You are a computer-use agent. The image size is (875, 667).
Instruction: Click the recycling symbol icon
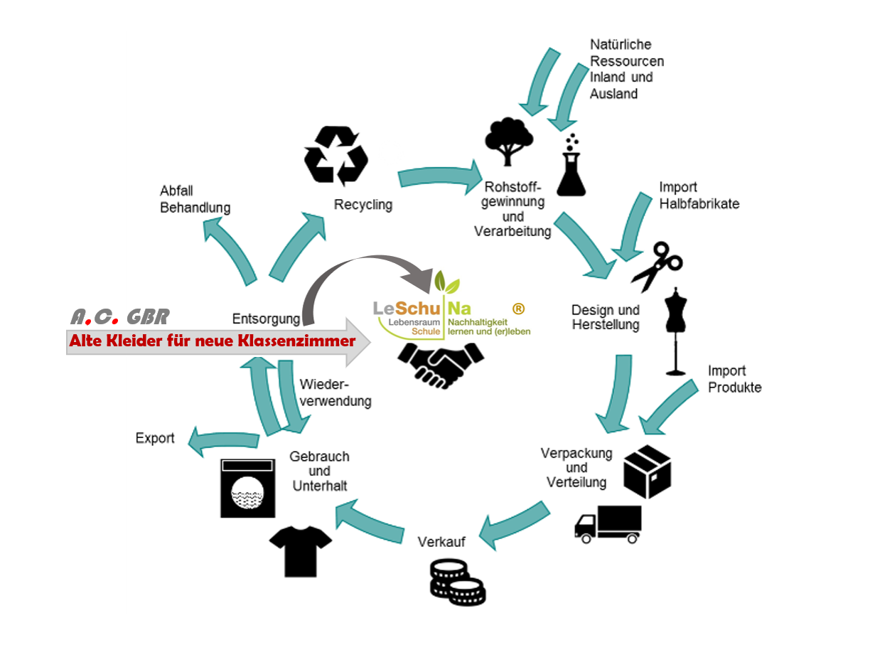pos(336,154)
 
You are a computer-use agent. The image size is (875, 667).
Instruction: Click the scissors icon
pos(655,265)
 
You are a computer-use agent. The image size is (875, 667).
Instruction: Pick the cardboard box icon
pos(647,471)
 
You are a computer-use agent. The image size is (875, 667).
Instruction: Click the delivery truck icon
pos(608,524)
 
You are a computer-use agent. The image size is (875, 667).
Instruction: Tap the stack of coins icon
pos(457,581)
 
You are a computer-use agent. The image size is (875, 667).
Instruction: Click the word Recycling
pos(363,205)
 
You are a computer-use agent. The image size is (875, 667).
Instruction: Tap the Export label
pos(155,438)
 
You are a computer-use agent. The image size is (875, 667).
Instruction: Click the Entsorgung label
pos(261,319)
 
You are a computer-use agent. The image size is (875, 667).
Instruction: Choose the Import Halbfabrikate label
pos(699,196)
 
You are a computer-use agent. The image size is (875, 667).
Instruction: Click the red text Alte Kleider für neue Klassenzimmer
pos(212,341)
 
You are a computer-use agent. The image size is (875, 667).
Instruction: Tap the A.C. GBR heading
pos(119,316)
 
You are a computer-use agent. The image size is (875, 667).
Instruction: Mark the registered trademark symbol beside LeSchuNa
pos(518,309)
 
